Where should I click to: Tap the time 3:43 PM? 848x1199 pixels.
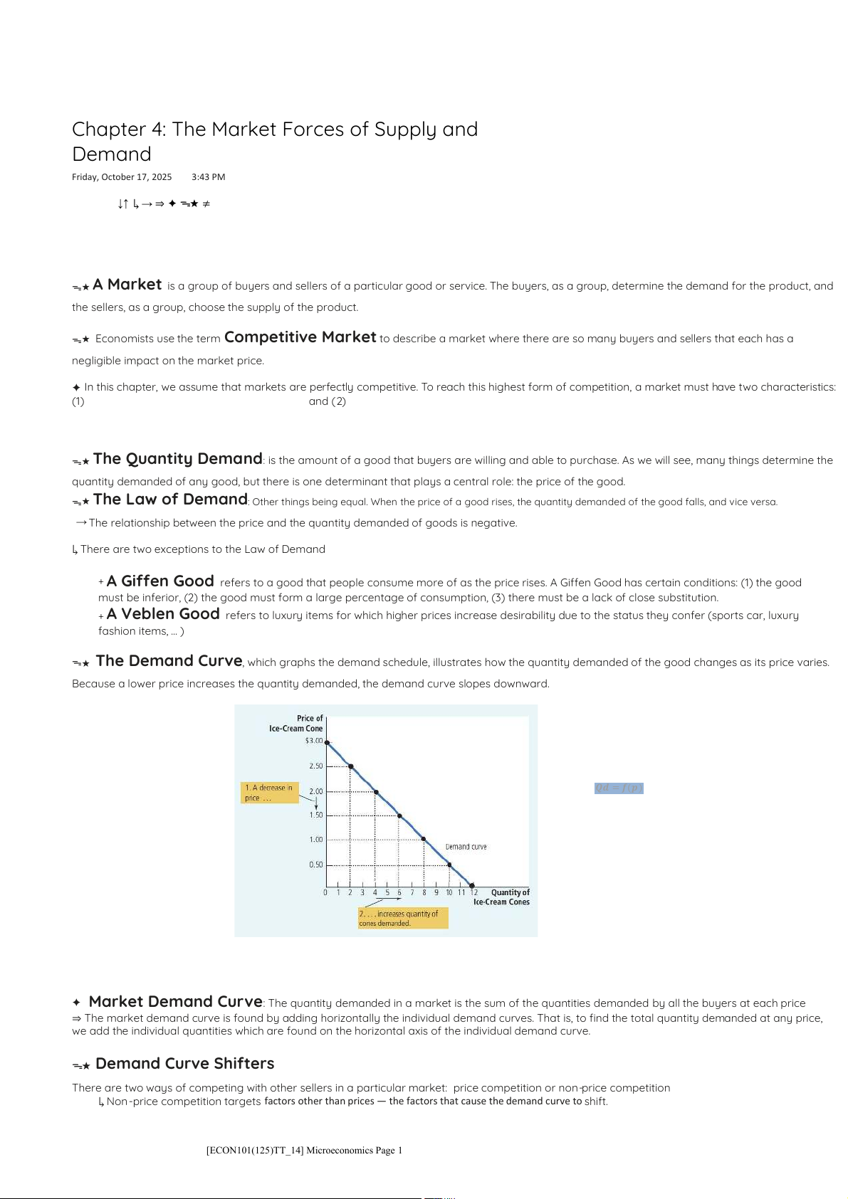[x=208, y=177]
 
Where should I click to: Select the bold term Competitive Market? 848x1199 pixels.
[x=300, y=337]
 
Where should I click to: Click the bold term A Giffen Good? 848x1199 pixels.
[x=160, y=581]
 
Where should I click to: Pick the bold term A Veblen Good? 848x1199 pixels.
[x=163, y=614]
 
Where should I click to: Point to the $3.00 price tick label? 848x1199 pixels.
[x=313, y=741]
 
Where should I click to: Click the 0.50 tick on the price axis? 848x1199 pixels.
[x=315, y=865]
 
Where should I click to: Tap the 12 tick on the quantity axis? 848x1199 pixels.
[x=474, y=892]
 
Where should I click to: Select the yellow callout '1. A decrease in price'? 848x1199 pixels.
[x=269, y=793]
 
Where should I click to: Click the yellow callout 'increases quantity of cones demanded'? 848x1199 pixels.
[x=403, y=918]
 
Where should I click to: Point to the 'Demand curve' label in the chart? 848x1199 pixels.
[x=466, y=847]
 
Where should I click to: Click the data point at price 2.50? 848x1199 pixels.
[x=350, y=766]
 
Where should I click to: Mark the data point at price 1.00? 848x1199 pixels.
[x=424, y=839]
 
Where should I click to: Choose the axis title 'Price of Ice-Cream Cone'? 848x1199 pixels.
[x=295, y=723]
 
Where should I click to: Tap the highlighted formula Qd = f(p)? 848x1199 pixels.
[x=619, y=788]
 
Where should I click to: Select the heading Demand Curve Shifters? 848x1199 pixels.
[x=184, y=1064]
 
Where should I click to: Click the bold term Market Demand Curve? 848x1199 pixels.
[x=175, y=1002]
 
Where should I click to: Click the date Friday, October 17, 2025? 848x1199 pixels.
[x=122, y=177]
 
